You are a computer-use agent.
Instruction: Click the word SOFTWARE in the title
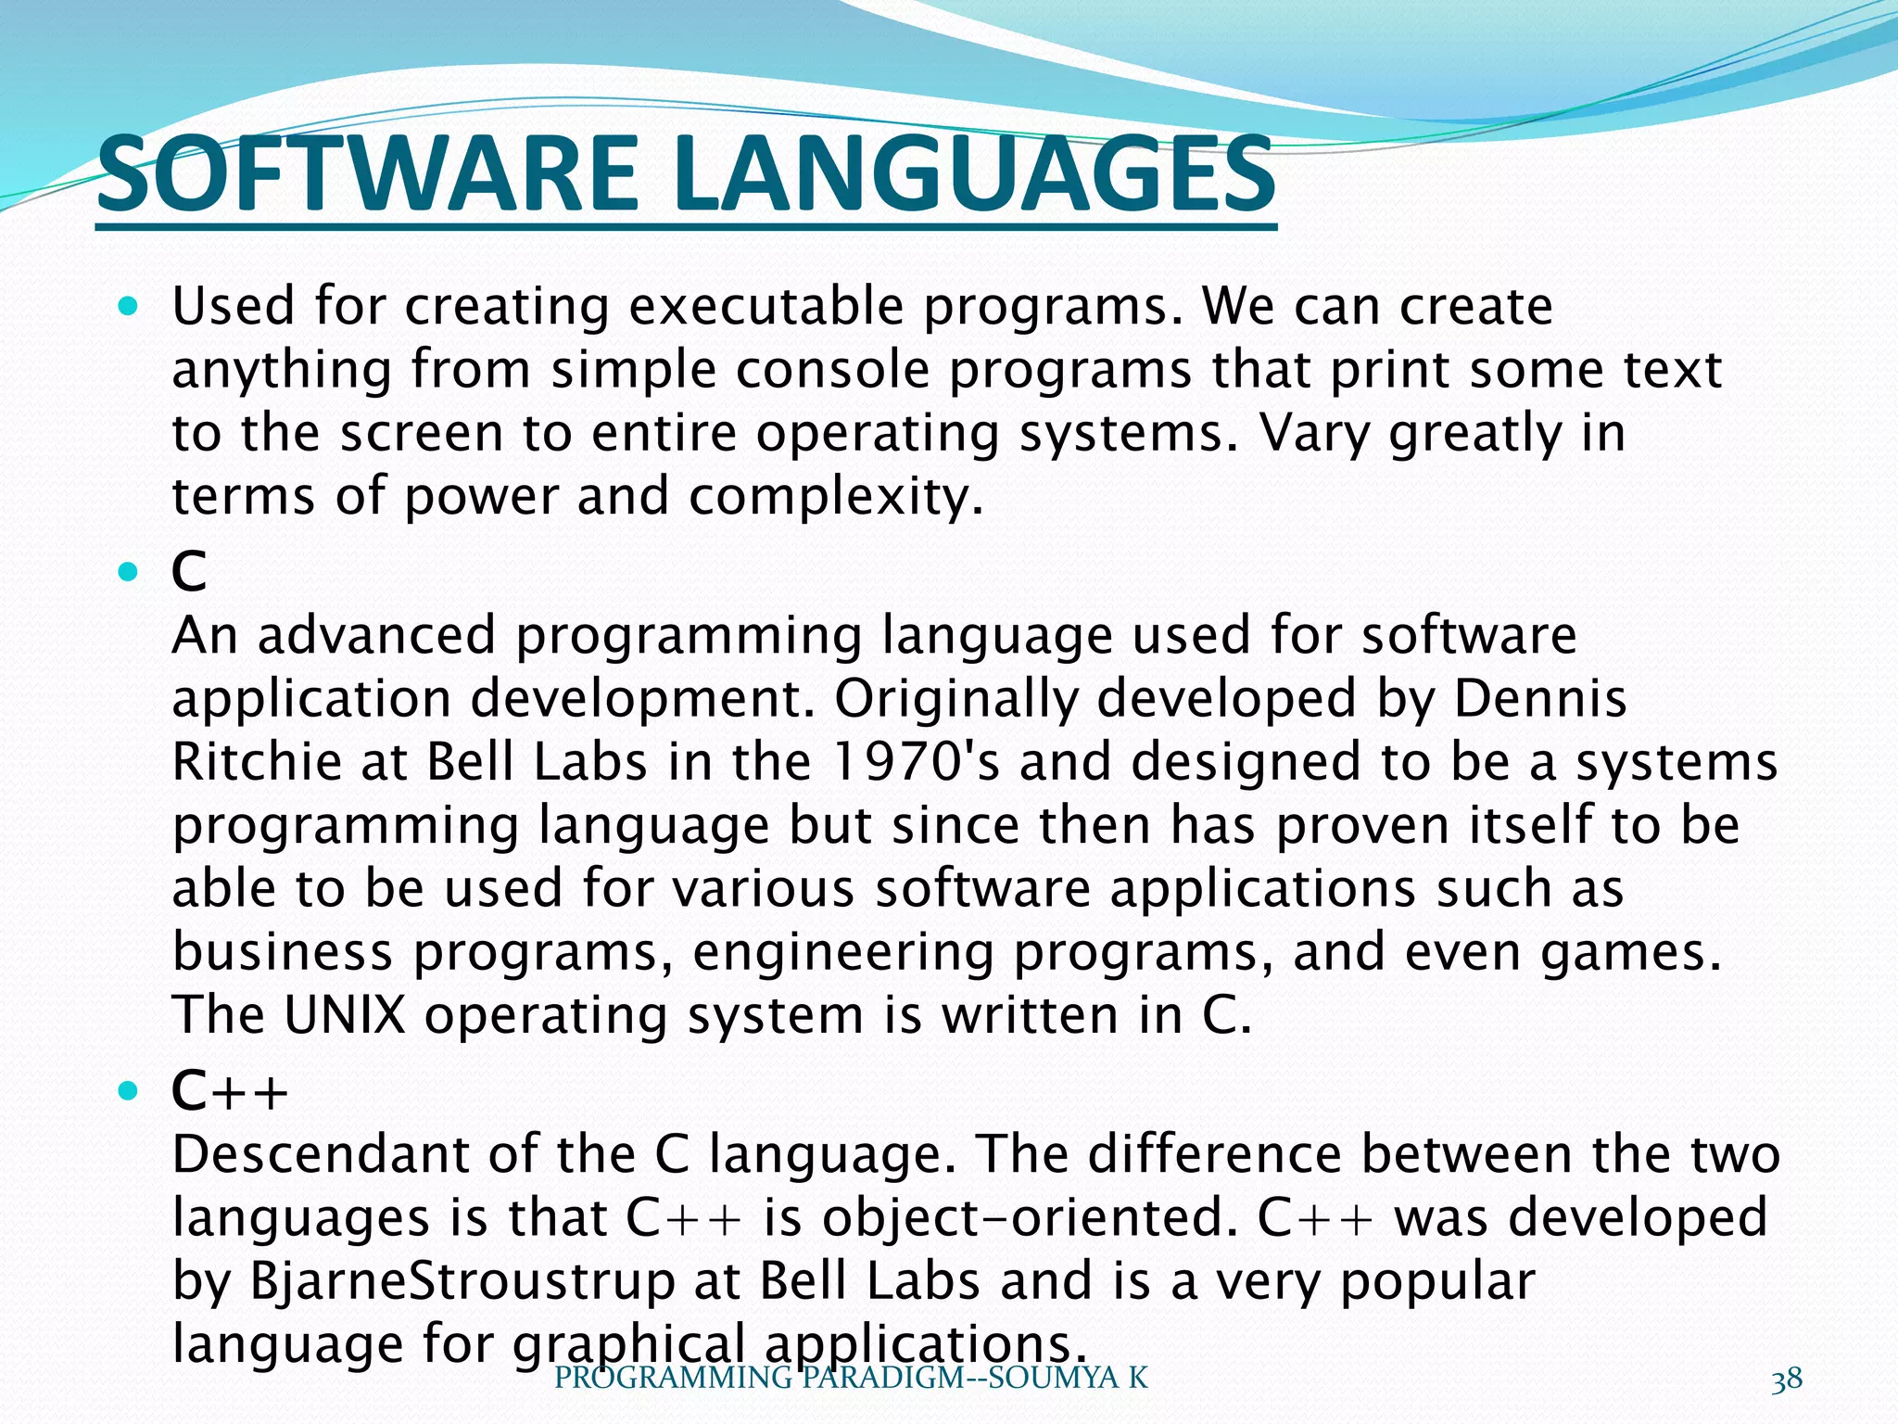(367, 174)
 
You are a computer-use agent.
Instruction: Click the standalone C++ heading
(230, 1091)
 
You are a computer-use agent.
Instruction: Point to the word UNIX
(345, 1014)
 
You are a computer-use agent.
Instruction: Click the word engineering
(843, 953)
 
